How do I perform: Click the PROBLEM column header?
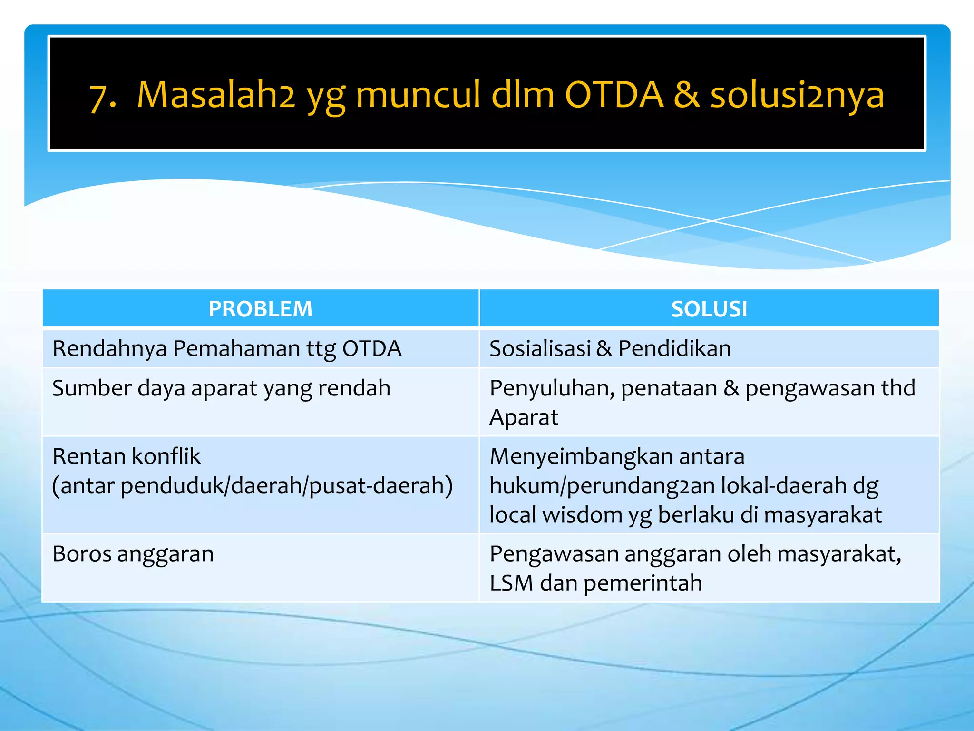(x=260, y=309)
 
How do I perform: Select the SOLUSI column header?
(x=709, y=309)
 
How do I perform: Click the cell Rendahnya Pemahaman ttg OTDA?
(x=227, y=349)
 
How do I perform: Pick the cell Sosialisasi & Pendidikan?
(x=610, y=349)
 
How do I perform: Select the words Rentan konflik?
(x=127, y=456)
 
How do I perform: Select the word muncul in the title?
(x=418, y=95)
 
